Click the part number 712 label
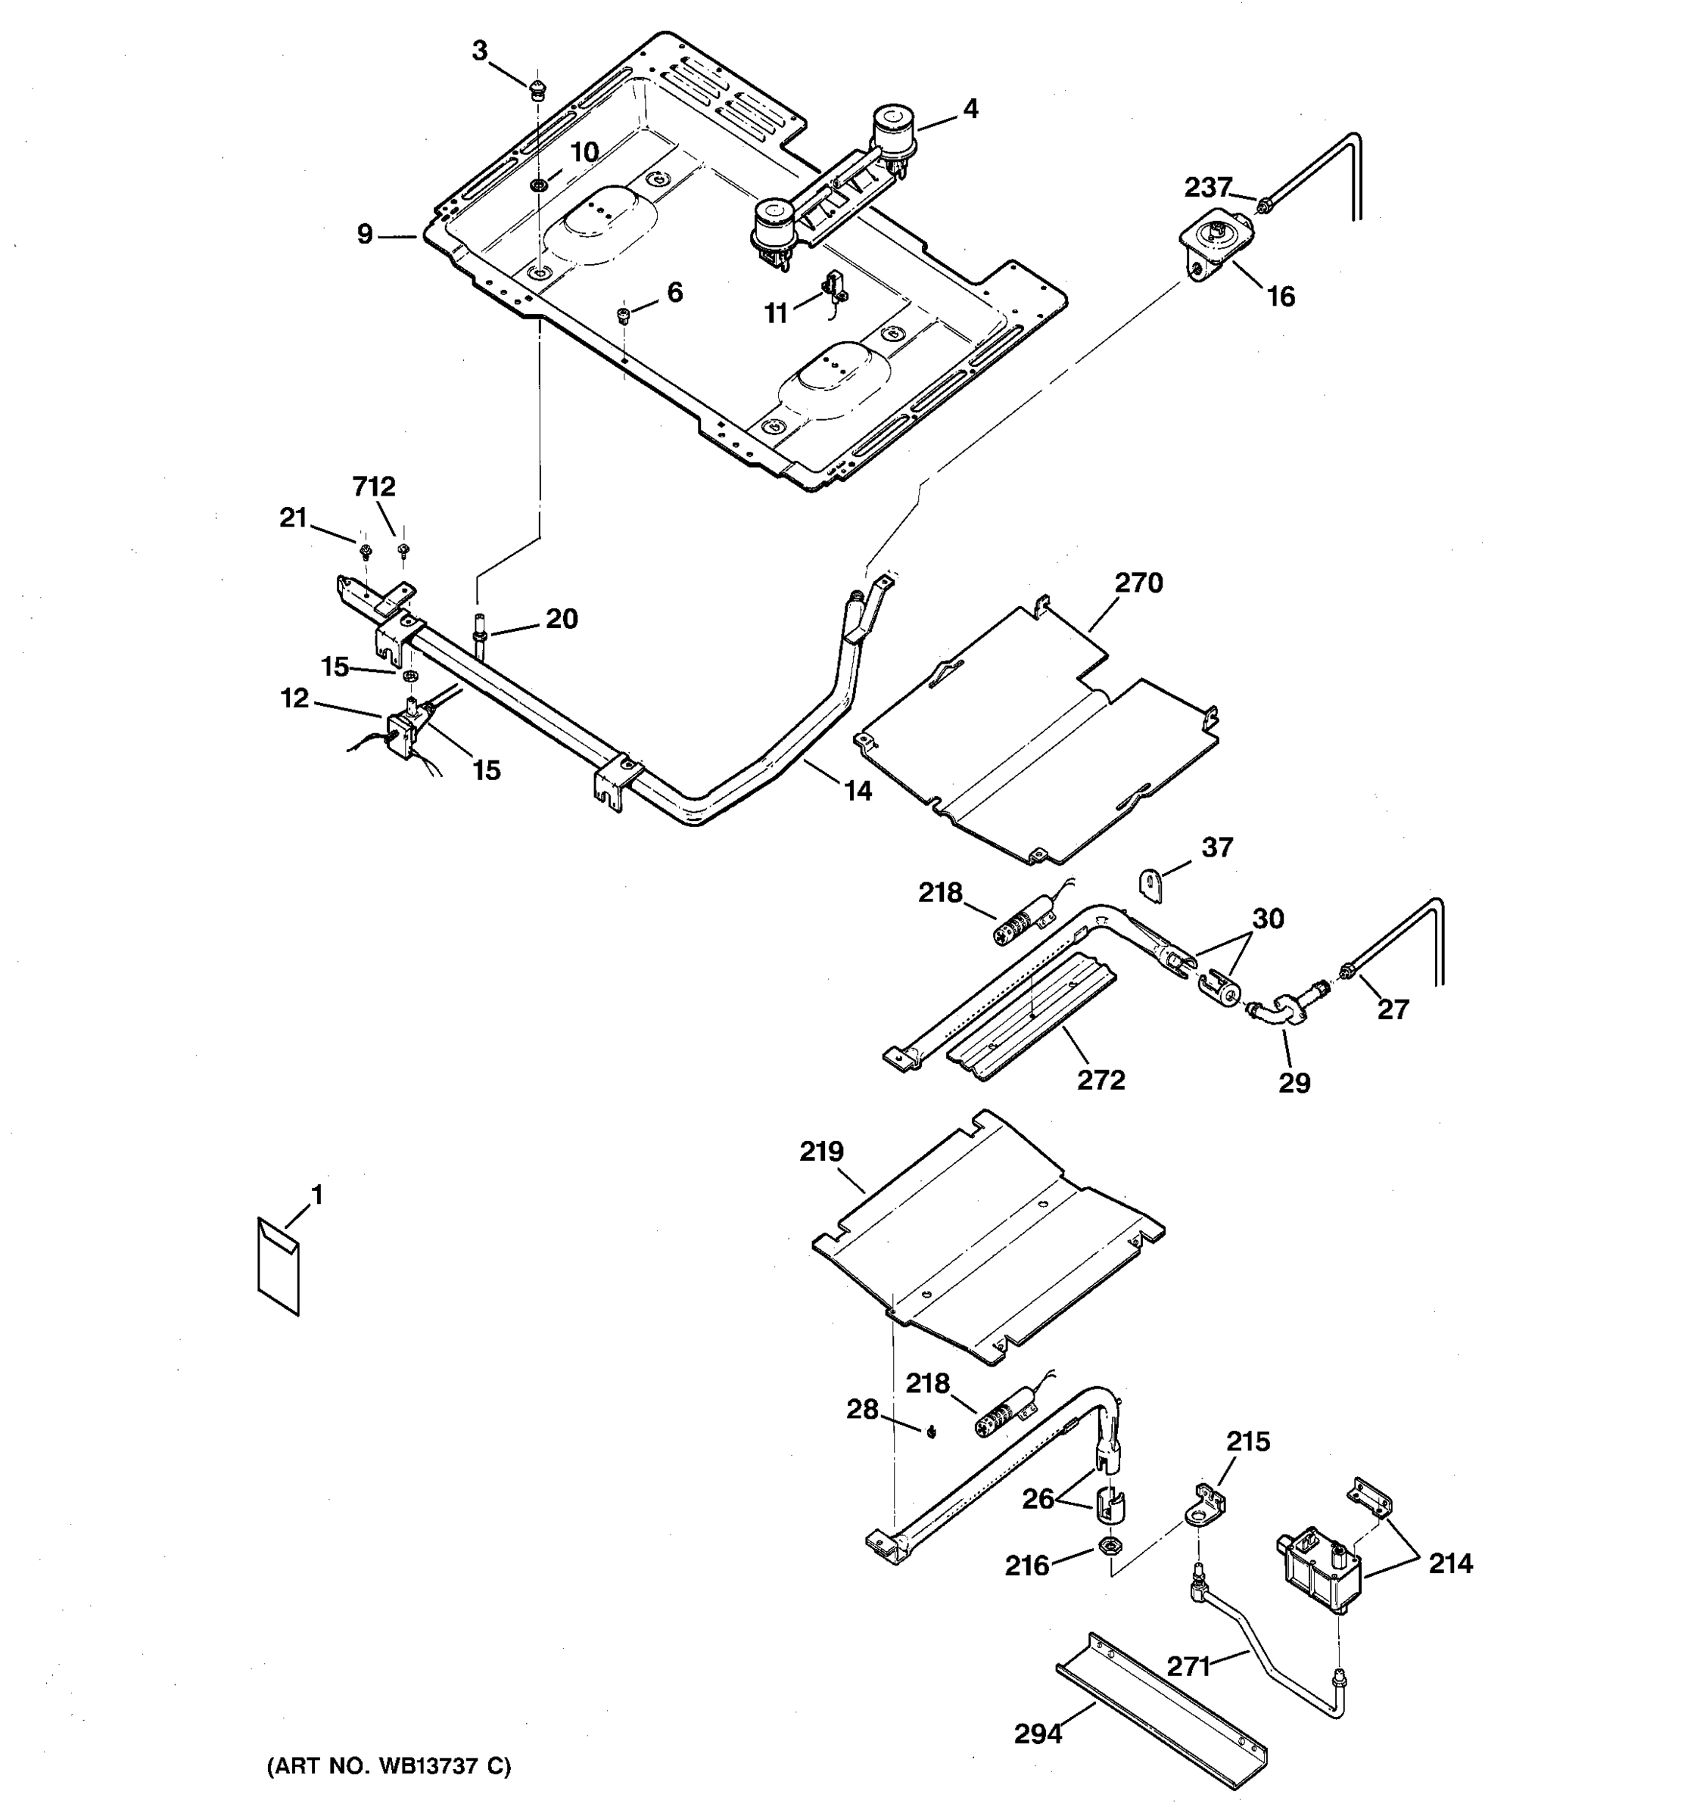click(x=375, y=487)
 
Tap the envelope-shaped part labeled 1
click(x=278, y=1266)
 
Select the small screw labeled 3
click(x=537, y=88)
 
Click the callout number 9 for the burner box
click(x=366, y=235)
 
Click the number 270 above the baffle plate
click(x=1138, y=583)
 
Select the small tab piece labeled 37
click(x=1151, y=885)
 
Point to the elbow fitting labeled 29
click(x=1275, y=1013)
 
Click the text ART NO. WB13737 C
click(x=388, y=1767)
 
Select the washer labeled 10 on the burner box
click(x=539, y=185)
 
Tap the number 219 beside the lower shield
click(x=821, y=1152)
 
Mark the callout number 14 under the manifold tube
click(x=857, y=790)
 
